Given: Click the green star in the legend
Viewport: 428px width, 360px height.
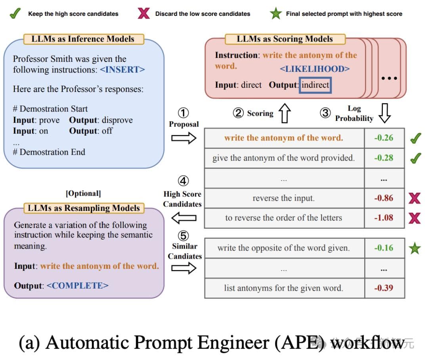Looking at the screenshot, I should (276, 13).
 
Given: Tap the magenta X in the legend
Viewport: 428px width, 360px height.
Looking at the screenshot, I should (143, 13).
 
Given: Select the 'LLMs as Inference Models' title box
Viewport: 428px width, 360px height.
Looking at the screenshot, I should (83, 39).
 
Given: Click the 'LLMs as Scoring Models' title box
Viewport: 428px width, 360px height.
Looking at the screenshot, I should (285, 39).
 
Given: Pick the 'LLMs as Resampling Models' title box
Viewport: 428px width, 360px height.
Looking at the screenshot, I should (84, 208).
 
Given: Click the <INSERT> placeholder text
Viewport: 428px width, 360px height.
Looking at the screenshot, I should (122, 69).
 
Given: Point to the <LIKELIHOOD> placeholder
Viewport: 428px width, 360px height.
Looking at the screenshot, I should (315, 69).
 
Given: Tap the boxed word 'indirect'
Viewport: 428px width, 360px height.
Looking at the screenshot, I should (315, 85).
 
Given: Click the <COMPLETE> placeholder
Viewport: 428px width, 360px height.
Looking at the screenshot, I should (78, 285).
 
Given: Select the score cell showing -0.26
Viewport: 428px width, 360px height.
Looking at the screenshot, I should (384, 138).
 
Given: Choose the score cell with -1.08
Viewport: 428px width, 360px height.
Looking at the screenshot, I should (384, 218).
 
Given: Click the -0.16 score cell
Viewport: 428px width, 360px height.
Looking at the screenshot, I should (384, 248).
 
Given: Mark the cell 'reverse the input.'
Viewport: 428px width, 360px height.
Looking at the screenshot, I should (283, 198).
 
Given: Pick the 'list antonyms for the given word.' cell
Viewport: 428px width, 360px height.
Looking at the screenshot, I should (283, 288).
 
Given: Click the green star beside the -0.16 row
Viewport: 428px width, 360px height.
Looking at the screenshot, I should (415, 248).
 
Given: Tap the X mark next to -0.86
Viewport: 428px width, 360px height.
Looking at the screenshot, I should (415, 198).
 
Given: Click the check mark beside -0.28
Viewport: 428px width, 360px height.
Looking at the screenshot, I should (415, 158).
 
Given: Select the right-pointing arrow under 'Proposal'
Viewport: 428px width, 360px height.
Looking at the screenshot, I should (183, 138).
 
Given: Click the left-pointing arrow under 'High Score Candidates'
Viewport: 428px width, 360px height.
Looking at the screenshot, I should (183, 218).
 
